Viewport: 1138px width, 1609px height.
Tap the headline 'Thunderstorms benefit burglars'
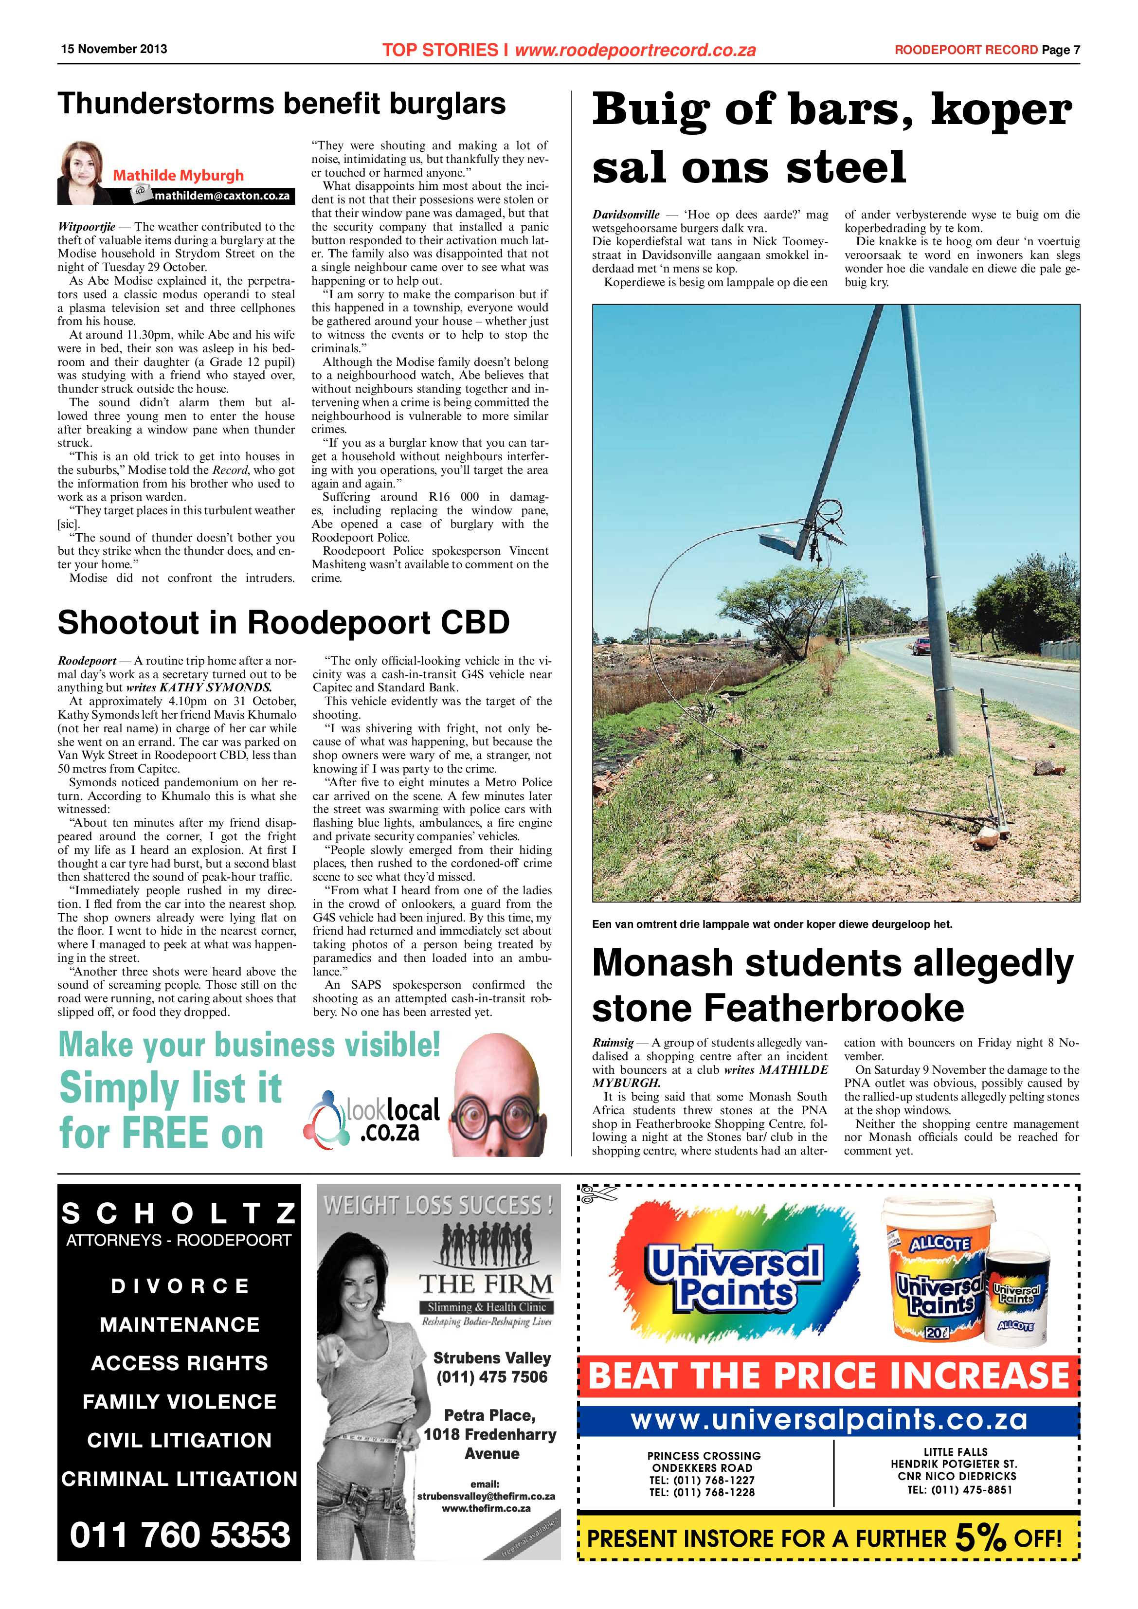[x=281, y=104]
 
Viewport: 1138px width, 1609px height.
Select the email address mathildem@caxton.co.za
[x=221, y=196]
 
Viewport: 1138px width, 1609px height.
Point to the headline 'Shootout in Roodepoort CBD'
[x=283, y=622]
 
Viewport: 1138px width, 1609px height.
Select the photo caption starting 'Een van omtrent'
[x=772, y=924]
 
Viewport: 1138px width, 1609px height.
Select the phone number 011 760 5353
[x=180, y=1535]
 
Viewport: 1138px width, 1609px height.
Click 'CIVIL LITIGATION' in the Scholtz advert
[x=180, y=1440]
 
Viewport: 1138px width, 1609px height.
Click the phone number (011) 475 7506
[x=491, y=1377]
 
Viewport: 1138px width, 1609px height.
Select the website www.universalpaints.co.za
[x=828, y=1420]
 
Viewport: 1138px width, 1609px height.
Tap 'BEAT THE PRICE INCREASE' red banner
[x=828, y=1375]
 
